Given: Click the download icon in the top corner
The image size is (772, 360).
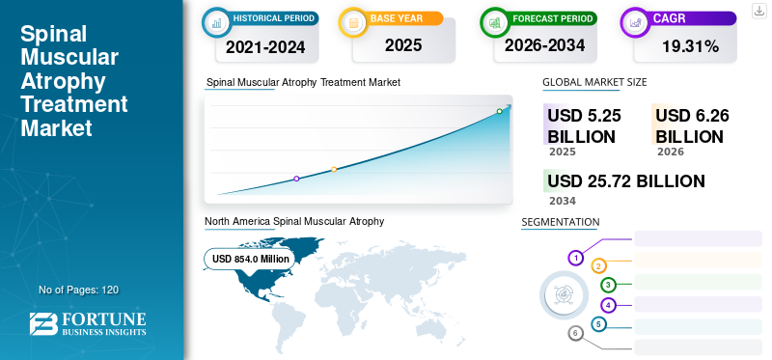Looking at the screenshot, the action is coord(759,11).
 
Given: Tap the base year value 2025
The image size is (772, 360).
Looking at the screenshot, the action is coord(403,45).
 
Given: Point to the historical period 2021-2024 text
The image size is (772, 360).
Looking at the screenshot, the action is coord(265,47).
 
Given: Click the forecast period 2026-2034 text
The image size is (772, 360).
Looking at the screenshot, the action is coord(544,45).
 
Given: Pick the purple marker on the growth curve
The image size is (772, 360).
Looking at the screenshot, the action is coord(296,179).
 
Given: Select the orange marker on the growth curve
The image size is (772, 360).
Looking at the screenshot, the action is coord(334,170).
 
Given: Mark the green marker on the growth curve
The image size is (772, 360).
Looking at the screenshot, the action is coord(499,111).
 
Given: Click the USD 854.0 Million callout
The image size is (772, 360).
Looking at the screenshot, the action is coord(250,259).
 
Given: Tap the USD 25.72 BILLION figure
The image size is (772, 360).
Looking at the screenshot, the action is coord(625,181).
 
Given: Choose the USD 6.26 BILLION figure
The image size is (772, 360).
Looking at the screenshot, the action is coord(692,126).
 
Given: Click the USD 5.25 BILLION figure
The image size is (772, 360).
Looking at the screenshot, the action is coord(584,126).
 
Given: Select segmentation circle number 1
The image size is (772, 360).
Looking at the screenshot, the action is coord(575,258).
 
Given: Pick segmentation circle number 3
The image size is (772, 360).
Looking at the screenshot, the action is coord(608,285).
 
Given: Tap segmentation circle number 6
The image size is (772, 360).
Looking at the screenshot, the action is coord(575,333).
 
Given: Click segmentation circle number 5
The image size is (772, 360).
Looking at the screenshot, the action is coord(598,324).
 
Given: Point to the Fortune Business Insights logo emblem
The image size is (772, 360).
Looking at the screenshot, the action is coord(43,324).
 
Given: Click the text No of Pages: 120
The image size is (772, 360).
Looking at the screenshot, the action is coord(79,291).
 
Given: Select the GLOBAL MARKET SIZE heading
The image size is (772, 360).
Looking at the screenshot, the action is coord(594,82).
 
